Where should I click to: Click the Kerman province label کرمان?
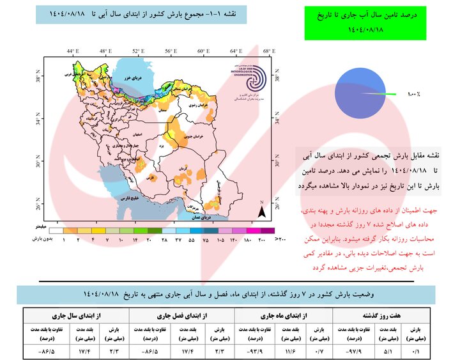pos(185,167)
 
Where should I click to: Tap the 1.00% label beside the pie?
pos(413,94)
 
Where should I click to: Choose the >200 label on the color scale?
pos(279,239)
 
